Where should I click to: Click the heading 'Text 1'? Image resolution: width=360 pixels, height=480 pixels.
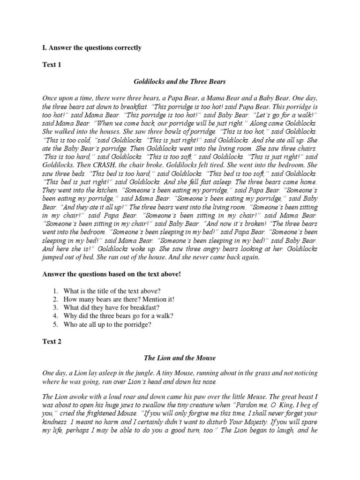(x=52, y=65)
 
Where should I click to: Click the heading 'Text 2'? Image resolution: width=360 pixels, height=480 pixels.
(x=52, y=342)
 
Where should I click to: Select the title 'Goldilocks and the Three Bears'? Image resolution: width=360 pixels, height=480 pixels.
(x=180, y=82)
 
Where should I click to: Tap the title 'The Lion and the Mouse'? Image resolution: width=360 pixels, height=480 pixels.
(x=180, y=358)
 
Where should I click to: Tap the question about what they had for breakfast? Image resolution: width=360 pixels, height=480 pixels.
(x=112, y=307)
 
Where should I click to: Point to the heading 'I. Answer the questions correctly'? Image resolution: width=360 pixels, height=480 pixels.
(x=92, y=48)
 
